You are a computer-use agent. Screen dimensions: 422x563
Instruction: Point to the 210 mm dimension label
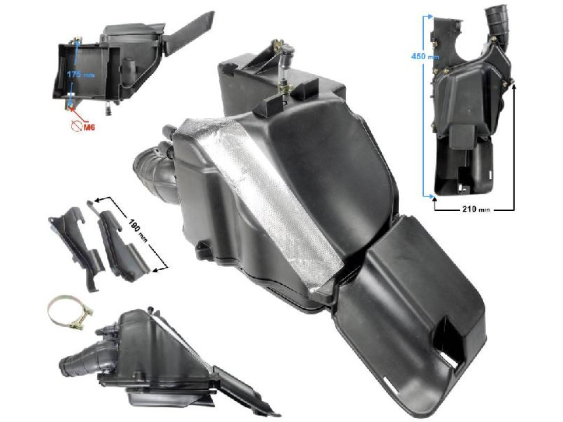(474, 208)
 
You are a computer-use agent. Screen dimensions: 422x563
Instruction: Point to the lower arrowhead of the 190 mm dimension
(156, 270)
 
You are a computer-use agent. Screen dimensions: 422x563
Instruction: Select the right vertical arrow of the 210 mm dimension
(515, 147)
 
